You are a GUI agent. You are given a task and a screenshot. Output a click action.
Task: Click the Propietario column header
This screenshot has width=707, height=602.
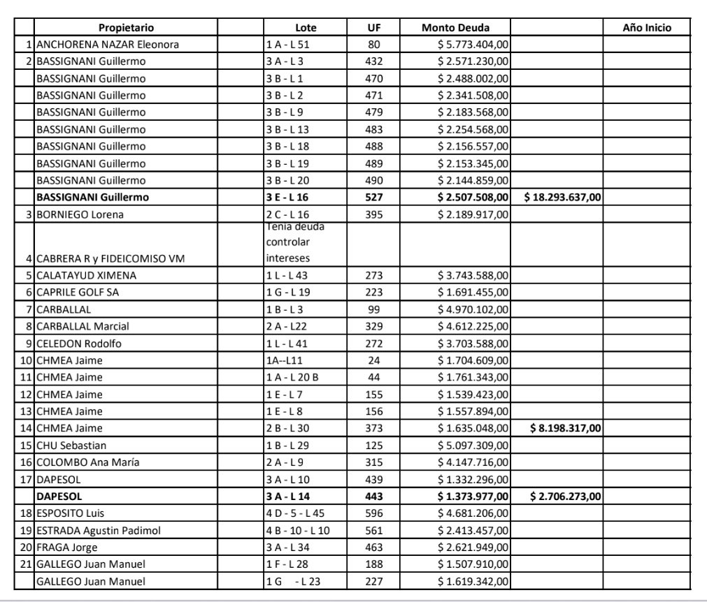coord(126,28)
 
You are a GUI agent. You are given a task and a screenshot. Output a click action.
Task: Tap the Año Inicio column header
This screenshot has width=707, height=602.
coord(646,28)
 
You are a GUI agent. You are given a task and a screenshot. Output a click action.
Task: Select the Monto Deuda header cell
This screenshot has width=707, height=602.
coord(455,28)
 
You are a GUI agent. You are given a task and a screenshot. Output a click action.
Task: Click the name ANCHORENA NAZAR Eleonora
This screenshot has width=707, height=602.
coord(107,45)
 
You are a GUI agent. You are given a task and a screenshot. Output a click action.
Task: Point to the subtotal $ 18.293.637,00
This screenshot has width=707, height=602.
coord(562,198)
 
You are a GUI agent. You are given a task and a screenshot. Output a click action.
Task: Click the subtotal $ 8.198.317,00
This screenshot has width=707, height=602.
coord(565,428)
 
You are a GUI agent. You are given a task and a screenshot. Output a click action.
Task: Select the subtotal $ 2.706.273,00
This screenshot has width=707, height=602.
coord(565,496)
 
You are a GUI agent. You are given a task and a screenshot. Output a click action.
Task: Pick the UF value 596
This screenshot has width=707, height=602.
coord(374,513)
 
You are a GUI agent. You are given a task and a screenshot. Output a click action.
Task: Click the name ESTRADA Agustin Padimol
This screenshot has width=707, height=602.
coord(98,530)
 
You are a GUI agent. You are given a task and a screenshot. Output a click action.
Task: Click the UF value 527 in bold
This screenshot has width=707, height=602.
coord(374,198)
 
